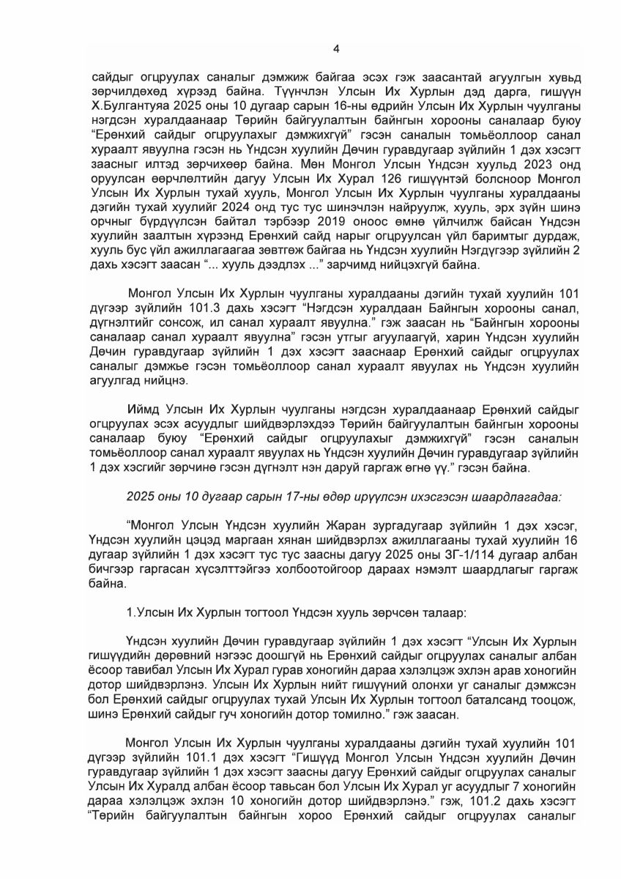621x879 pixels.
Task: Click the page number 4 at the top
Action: [x=336, y=49]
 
